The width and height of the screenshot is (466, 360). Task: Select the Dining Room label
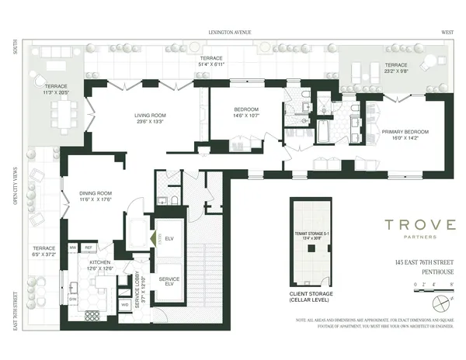point(96,196)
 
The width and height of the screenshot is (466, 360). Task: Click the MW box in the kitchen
point(73,247)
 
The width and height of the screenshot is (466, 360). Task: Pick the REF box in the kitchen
point(89,247)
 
